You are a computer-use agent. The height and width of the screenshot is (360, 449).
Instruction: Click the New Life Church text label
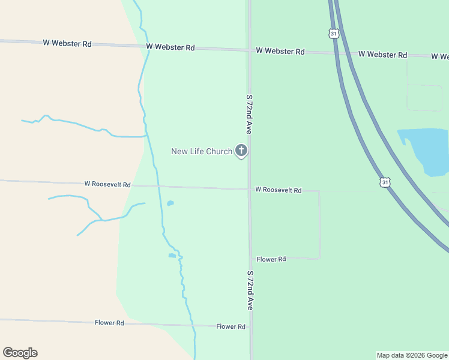(x=201, y=151)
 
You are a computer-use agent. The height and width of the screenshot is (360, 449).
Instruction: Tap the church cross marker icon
(x=241, y=150)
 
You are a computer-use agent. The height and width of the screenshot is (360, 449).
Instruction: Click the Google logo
(x=20, y=353)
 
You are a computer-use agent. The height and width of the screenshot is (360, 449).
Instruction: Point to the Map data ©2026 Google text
(x=412, y=355)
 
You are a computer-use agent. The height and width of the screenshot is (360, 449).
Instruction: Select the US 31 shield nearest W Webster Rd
(x=334, y=34)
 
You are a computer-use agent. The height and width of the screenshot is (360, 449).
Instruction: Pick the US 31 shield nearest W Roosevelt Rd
(x=384, y=182)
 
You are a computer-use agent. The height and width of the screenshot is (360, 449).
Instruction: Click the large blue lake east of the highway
(x=427, y=150)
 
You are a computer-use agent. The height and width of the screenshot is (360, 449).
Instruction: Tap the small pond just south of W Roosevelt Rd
(x=170, y=203)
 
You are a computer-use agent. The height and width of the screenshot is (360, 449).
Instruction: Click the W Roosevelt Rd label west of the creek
(x=107, y=185)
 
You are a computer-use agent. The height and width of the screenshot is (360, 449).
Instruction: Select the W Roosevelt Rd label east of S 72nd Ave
(x=278, y=190)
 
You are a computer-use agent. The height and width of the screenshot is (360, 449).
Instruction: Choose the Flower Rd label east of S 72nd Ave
(x=271, y=259)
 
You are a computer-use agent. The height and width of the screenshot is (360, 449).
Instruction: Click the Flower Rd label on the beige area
(x=109, y=323)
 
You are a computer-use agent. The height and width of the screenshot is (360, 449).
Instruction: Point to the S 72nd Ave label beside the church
(x=249, y=115)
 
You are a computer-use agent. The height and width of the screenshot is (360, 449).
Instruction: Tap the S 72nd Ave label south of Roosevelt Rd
(x=250, y=290)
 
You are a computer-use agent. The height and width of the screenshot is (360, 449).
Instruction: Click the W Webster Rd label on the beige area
(x=67, y=43)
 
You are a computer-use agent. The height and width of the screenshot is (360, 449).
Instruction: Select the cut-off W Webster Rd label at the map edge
(x=441, y=56)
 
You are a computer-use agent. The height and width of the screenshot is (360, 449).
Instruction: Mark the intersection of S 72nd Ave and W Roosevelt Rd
(x=249, y=190)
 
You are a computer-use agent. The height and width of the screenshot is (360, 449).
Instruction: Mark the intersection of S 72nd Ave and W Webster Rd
(x=249, y=50)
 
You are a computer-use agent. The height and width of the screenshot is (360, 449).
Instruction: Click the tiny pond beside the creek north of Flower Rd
(x=172, y=256)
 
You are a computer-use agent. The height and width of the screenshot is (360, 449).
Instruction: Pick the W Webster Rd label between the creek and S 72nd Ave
(x=170, y=47)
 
